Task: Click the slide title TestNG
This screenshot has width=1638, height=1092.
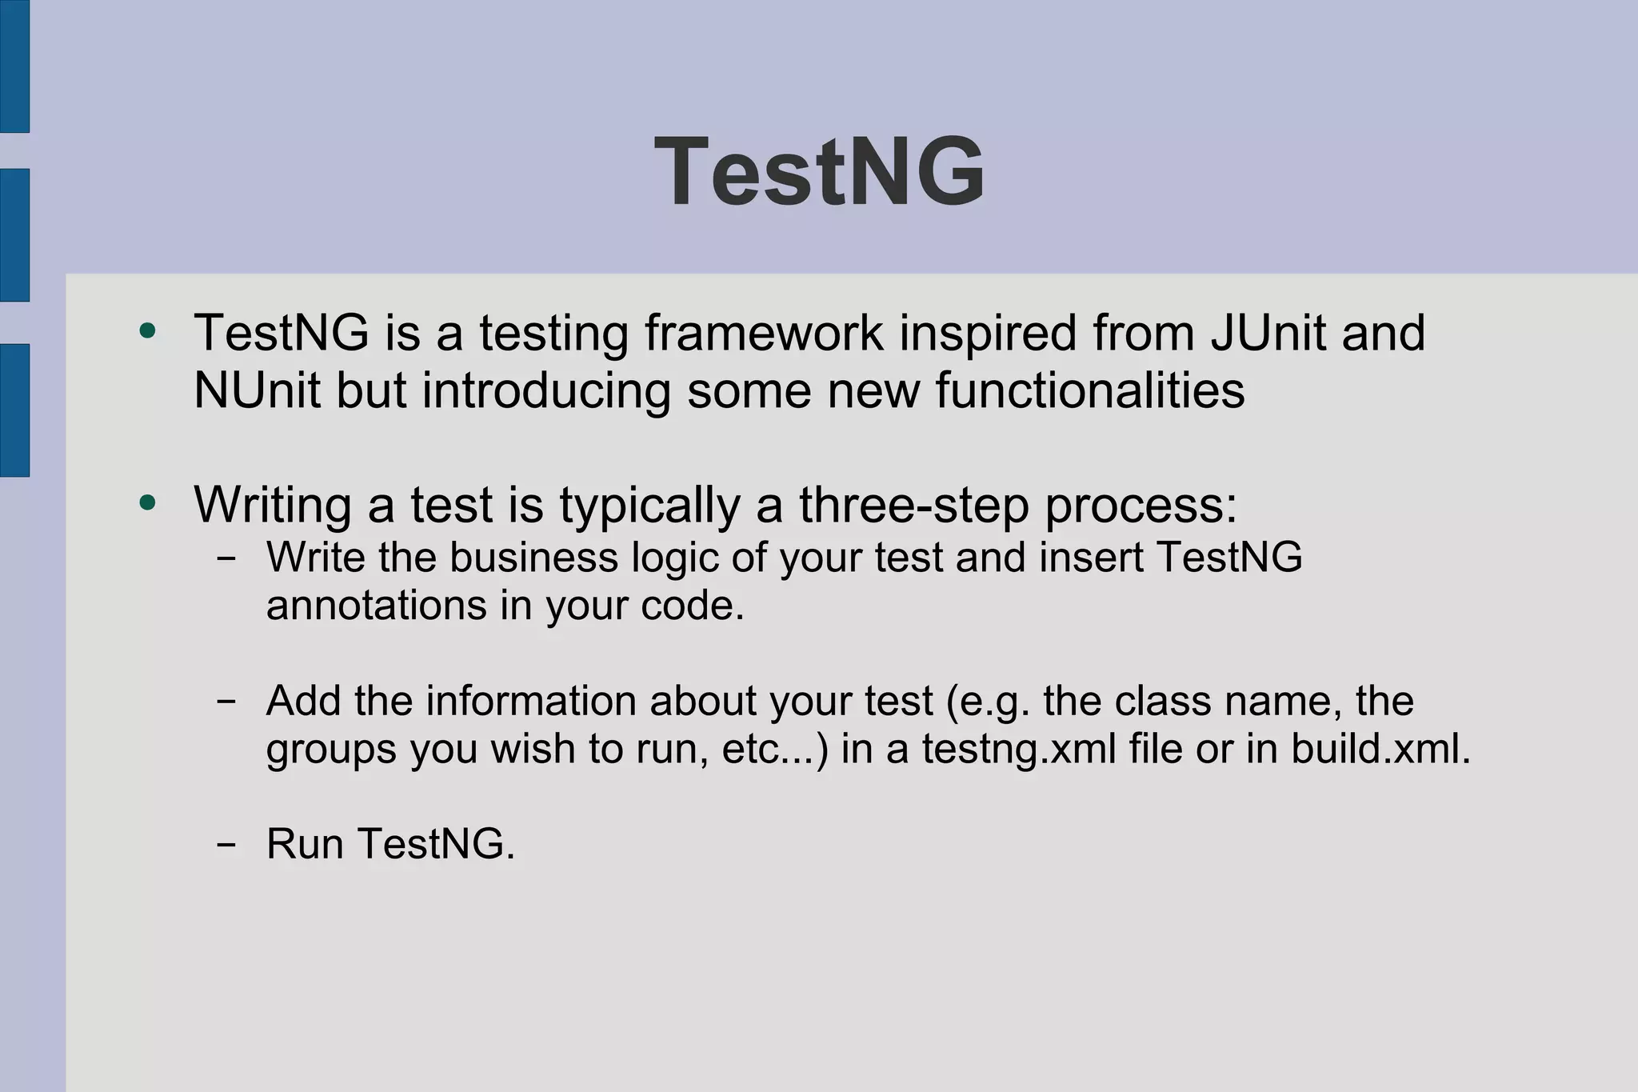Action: [820, 172]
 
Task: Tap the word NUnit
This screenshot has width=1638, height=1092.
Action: [257, 390]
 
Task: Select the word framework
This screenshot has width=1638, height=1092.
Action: [764, 333]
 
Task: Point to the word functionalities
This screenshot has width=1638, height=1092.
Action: [1089, 390]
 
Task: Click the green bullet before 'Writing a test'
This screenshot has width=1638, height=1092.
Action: [147, 503]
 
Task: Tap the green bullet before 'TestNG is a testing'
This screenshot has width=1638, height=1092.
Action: [147, 330]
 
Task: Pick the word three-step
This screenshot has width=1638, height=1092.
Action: [913, 506]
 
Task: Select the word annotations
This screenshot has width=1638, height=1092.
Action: [376, 606]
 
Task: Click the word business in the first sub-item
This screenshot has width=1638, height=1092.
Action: [533, 557]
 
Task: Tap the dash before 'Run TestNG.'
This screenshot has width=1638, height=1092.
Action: [226, 844]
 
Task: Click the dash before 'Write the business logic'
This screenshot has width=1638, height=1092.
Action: [226, 558]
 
